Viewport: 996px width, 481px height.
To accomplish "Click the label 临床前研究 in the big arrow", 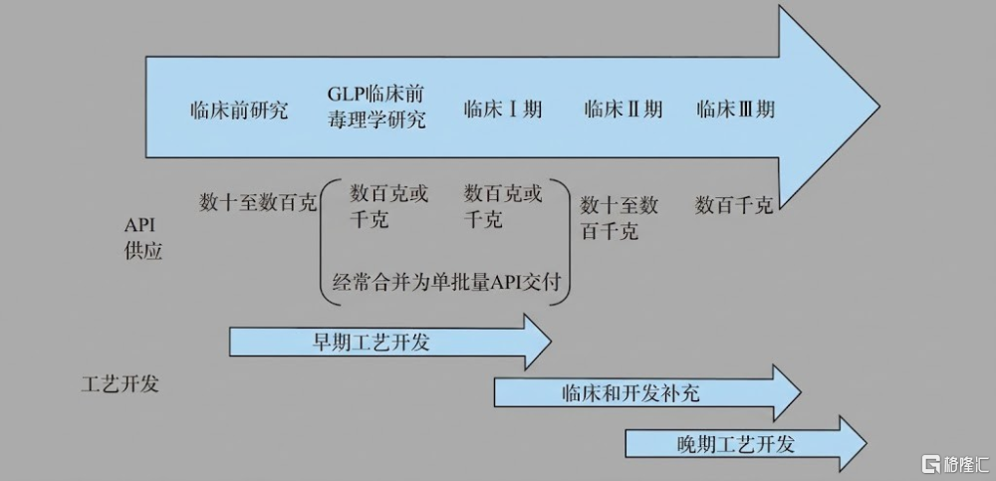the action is tap(239, 110).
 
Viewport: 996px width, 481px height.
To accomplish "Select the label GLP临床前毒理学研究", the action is tap(376, 107).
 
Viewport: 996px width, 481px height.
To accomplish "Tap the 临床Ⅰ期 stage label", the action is tap(502, 110).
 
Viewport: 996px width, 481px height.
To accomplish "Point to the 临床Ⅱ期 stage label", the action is tap(623, 110).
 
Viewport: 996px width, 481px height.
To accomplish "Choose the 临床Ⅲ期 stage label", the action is tap(736, 110).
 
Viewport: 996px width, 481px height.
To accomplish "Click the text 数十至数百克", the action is tap(257, 203).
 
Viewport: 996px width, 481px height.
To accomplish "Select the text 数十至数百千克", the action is tap(620, 218).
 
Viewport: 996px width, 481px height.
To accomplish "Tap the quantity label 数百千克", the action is tap(734, 205).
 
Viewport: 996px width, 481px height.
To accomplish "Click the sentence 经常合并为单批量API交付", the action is tap(447, 281).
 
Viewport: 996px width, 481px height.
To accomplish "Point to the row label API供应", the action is tap(142, 240).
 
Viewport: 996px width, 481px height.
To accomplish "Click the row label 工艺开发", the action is tap(121, 384).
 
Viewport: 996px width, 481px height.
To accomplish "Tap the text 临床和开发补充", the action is tap(630, 393).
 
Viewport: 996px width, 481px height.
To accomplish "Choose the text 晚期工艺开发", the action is tap(736, 443).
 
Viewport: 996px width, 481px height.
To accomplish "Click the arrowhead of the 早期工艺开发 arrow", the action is tap(538, 342).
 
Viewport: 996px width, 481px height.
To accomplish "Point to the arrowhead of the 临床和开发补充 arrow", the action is tap(787, 393).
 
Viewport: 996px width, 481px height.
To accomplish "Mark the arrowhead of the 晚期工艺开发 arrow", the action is tap(854, 443).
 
